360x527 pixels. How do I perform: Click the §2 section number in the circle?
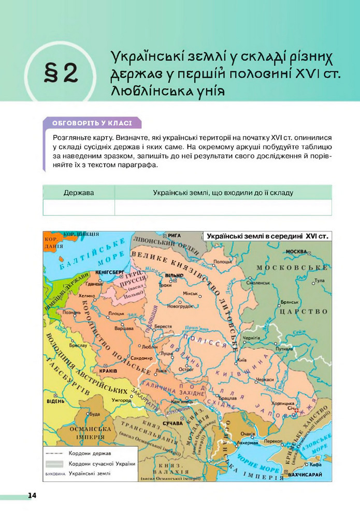(x=62, y=74)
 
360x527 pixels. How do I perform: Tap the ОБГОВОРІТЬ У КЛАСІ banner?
(x=92, y=123)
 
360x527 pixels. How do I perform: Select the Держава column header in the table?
(x=79, y=193)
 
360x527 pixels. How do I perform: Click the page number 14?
(x=32, y=495)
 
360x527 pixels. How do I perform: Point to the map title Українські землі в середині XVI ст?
(x=267, y=236)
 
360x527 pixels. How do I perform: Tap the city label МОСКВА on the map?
(x=297, y=252)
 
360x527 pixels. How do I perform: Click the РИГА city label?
(x=175, y=235)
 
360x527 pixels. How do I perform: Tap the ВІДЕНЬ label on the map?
(x=55, y=402)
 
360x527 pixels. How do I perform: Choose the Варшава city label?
(x=124, y=328)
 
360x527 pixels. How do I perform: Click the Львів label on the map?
(x=161, y=371)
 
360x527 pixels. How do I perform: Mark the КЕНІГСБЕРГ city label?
(x=109, y=272)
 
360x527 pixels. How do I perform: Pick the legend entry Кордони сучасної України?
(x=102, y=463)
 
